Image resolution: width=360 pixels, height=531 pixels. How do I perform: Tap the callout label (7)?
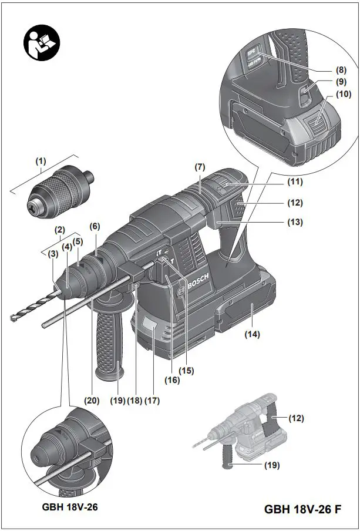point(200,167)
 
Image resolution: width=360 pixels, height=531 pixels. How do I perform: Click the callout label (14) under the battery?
point(252,334)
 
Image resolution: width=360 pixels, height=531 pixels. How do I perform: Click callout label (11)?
point(295,182)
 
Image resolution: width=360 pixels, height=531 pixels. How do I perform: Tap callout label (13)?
point(295,223)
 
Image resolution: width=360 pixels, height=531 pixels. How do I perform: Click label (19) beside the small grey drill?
point(271,465)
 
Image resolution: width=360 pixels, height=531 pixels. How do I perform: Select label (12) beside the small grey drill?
point(295,418)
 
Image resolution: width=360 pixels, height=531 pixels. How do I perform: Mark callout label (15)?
point(187,371)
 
